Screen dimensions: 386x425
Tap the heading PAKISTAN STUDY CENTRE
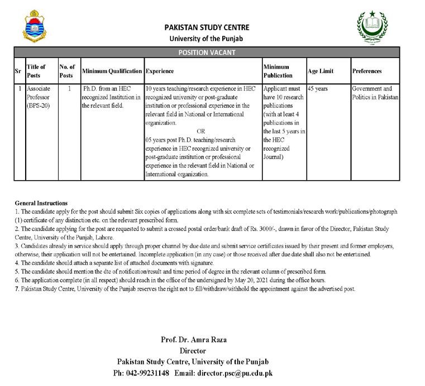click(207, 27)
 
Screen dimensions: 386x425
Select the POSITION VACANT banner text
click(207, 52)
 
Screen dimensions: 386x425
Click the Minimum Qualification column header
click(112, 71)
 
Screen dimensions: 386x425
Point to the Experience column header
click(160, 71)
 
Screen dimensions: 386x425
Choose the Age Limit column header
click(321, 71)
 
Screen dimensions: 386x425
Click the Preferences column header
click(367, 71)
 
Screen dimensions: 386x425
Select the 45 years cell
click(318, 89)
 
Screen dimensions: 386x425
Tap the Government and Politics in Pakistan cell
click(375, 93)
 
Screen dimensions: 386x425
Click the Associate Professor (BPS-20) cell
click(39, 96)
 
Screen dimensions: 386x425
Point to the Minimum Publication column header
click(278, 71)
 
